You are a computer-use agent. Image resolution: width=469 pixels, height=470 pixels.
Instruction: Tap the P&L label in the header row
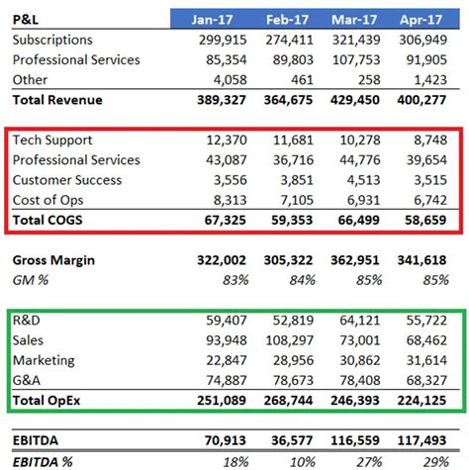(28, 19)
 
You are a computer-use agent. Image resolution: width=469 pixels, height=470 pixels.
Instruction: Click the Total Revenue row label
(57, 100)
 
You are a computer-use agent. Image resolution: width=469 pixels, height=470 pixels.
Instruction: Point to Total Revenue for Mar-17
(354, 100)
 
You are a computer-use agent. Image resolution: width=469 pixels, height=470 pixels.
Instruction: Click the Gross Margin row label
(53, 261)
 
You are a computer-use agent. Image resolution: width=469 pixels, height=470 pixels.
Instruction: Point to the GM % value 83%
(234, 281)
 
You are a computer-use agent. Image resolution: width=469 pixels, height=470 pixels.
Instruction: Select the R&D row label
(28, 322)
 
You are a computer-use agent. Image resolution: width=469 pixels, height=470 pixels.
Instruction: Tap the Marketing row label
(46, 361)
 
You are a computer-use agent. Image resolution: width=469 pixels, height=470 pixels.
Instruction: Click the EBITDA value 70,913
(223, 442)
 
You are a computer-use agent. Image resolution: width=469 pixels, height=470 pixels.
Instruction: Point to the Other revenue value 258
(368, 80)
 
